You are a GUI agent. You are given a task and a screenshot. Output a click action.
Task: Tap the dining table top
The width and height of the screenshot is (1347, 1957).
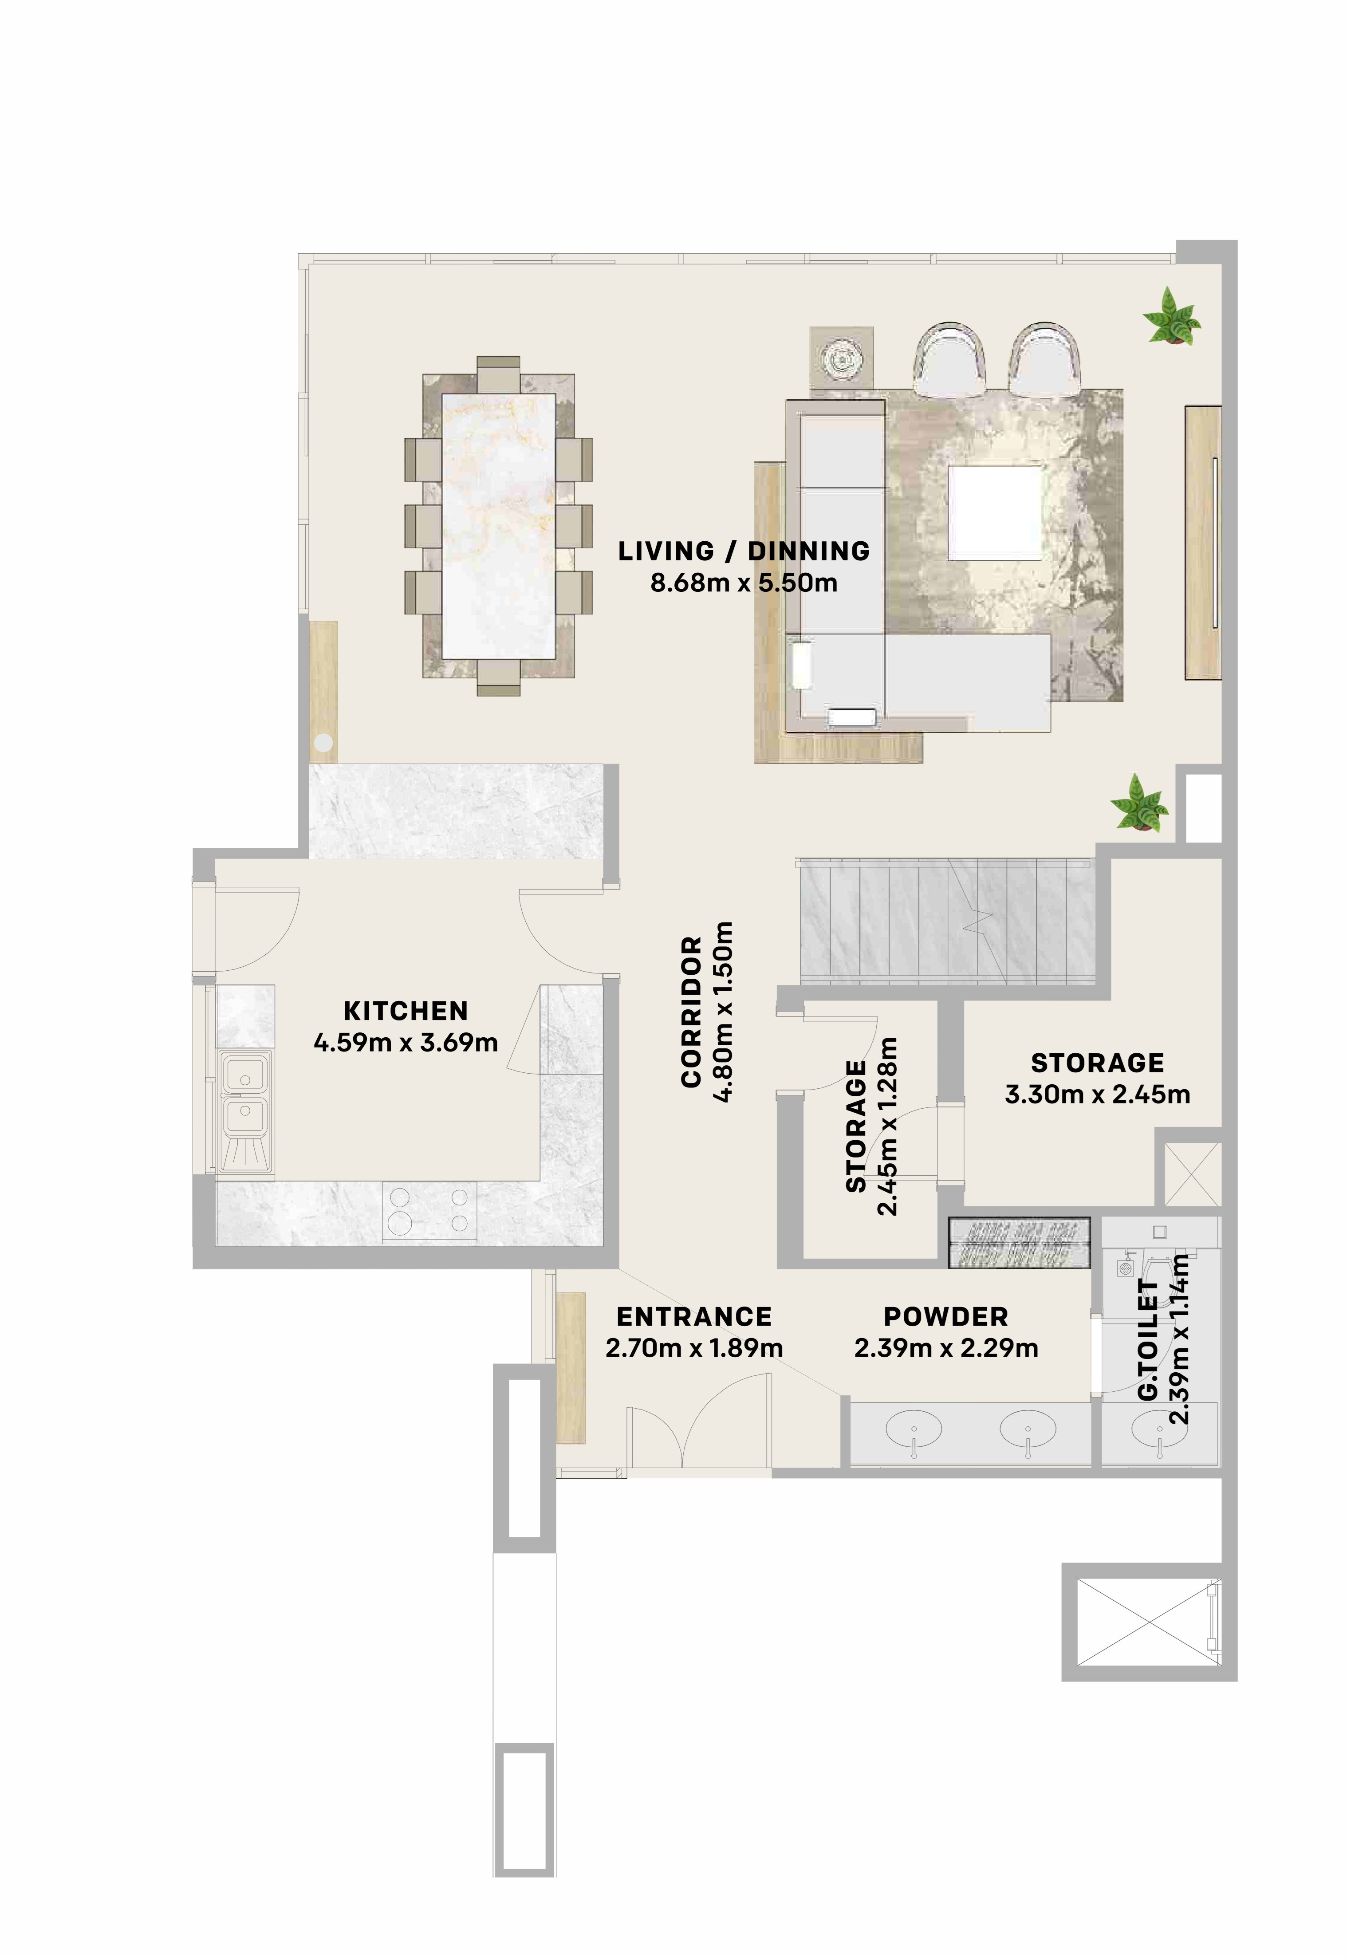(499, 526)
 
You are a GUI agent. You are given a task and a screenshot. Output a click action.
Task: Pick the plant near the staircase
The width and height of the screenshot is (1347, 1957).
(1138, 803)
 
